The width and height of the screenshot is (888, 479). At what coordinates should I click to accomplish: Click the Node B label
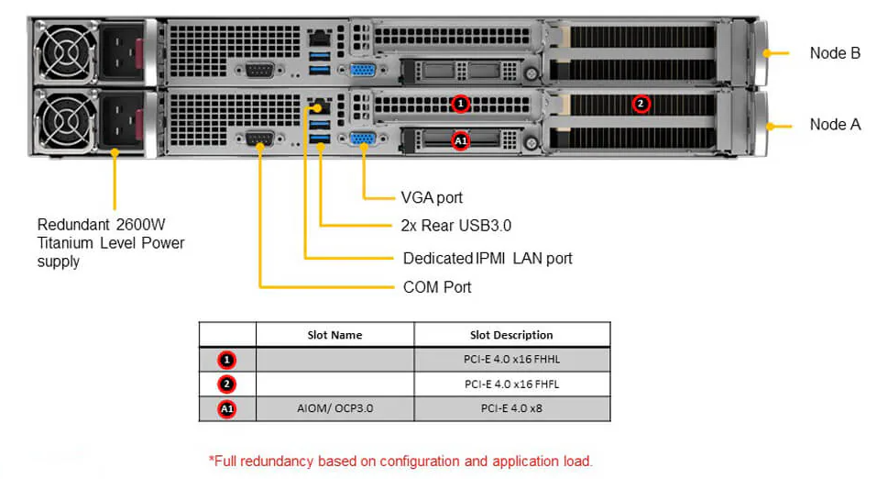tap(834, 53)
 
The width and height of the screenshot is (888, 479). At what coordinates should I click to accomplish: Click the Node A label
tap(834, 124)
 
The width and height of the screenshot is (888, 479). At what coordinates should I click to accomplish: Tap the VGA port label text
tap(432, 197)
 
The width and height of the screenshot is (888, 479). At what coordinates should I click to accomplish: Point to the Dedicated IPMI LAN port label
tap(488, 258)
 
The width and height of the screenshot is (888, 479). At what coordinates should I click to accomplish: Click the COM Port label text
tap(437, 287)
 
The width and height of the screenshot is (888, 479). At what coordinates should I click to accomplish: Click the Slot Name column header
tap(334, 335)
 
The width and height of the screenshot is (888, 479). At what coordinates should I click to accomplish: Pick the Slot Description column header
tap(511, 335)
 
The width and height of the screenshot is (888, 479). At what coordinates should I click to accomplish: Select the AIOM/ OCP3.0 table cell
tap(334, 407)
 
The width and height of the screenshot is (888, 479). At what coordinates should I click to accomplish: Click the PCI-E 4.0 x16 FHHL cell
tap(511, 360)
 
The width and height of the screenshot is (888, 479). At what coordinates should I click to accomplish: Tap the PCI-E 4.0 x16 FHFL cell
tap(511, 384)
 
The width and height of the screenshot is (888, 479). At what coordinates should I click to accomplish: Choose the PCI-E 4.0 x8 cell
tap(511, 407)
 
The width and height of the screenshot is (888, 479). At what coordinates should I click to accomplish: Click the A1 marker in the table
tap(227, 408)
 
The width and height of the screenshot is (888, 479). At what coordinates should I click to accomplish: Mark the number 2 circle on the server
tap(641, 104)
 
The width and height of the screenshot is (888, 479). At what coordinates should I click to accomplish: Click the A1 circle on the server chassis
tap(461, 140)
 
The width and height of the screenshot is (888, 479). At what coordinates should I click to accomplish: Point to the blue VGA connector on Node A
tap(363, 139)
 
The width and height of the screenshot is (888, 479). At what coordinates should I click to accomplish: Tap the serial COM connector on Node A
tap(259, 139)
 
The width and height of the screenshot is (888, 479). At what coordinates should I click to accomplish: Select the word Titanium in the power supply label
tap(67, 243)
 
